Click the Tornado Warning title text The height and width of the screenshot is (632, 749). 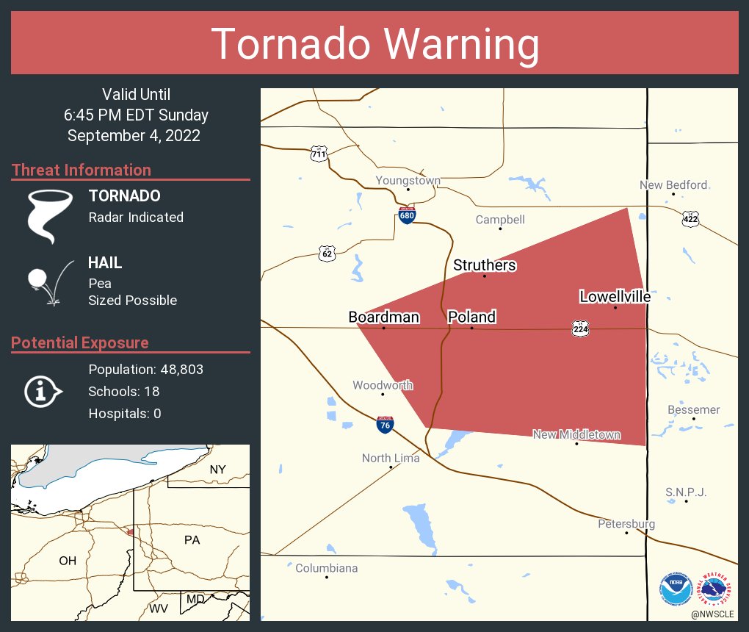(374, 44)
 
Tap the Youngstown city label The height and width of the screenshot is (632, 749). (408, 181)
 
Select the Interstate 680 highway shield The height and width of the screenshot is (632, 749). (407, 215)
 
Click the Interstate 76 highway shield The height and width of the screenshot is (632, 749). (384, 424)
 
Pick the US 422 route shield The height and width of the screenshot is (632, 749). (690, 218)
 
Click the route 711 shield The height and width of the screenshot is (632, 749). (318, 154)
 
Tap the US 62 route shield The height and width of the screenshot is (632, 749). (328, 254)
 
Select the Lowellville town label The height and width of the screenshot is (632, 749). (615, 297)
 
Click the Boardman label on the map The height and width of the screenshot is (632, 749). (383, 317)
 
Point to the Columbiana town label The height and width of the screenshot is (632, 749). (326, 568)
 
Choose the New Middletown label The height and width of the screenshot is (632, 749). (576, 435)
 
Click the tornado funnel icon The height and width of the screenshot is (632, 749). (50, 215)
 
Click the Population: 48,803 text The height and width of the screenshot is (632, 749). (145, 369)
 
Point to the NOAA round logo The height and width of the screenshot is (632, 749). (676, 589)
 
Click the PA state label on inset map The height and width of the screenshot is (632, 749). (192, 540)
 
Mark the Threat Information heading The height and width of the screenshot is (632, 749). (82, 170)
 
